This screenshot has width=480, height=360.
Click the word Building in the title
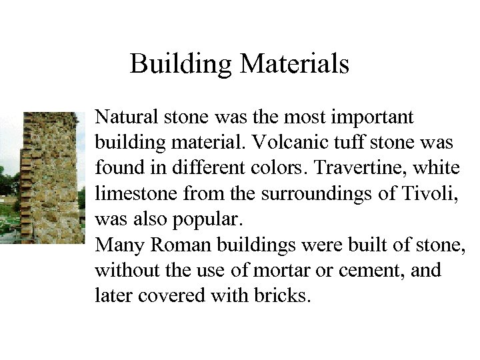(x=181, y=64)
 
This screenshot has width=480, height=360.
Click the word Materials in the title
(x=294, y=64)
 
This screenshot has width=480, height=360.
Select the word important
(x=375, y=117)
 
